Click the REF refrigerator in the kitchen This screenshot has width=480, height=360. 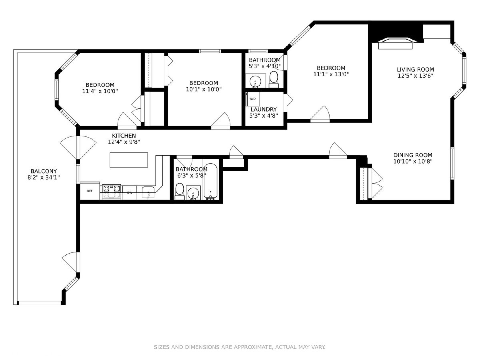pyautogui.click(x=90, y=191)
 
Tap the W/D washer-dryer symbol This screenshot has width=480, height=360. pyautogui.click(x=252, y=99)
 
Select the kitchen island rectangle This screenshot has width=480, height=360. pyautogui.click(x=128, y=160)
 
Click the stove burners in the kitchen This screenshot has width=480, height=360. pyautogui.click(x=112, y=192)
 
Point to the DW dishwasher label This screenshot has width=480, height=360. pyautogui.click(x=130, y=193)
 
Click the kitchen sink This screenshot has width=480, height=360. pyautogui.click(x=148, y=193)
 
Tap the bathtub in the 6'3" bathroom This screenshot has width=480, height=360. pyautogui.click(x=210, y=182)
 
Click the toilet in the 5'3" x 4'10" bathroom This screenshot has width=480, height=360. pyautogui.click(x=274, y=80)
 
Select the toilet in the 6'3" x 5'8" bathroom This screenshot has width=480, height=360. pyautogui.click(x=180, y=191)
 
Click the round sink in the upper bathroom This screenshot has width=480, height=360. pyautogui.click(x=256, y=82)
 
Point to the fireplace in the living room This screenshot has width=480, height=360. pyautogui.click(x=395, y=43)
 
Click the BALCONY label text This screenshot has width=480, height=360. pyautogui.click(x=44, y=171)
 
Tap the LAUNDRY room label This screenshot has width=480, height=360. pyautogui.click(x=264, y=109)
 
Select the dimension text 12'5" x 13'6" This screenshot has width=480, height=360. pyautogui.click(x=415, y=76)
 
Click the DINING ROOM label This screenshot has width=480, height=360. pyautogui.click(x=413, y=155)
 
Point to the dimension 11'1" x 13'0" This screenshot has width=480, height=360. pyautogui.click(x=331, y=74)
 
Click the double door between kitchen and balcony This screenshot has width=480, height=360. pyautogui.click(x=78, y=147)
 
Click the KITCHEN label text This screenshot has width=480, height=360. pyautogui.click(x=124, y=136)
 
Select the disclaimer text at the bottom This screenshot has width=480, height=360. pyautogui.click(x=240, y=347)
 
